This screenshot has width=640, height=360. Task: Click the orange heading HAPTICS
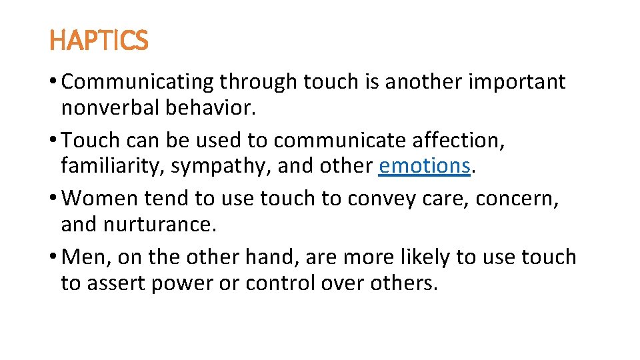(99, 41)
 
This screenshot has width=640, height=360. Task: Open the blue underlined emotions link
(424, 165)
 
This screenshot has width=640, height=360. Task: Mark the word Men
(84, 257)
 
